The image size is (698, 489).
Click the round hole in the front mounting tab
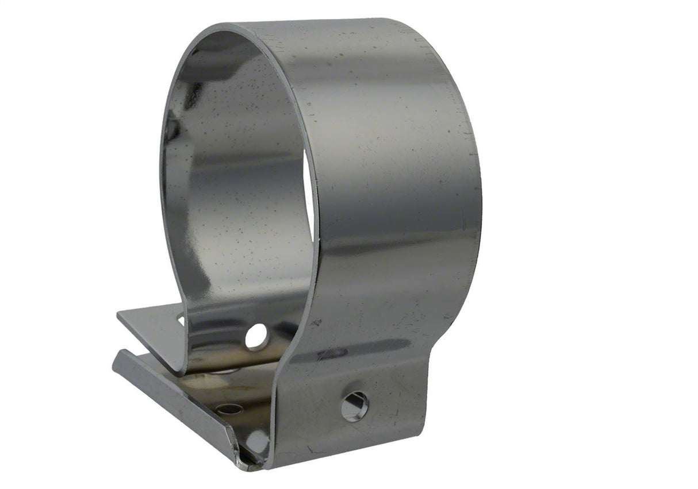354,406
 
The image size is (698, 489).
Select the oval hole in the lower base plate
229,409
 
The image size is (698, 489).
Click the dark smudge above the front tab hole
333,352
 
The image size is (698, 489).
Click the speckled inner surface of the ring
241,190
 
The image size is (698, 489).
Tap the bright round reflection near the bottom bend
257,441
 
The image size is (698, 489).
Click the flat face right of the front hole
397,402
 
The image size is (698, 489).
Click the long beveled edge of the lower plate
172,402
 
